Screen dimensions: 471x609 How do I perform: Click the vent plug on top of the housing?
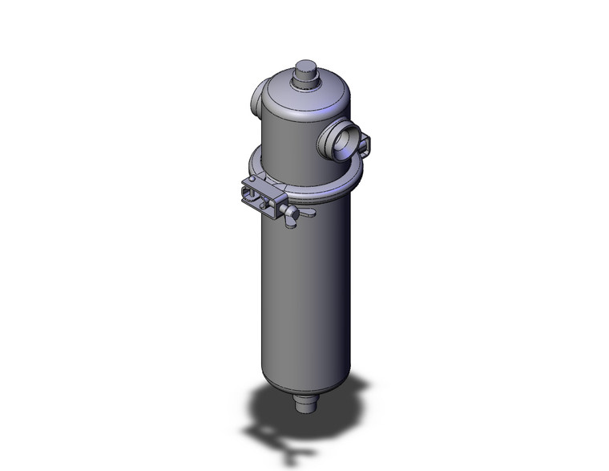click(x=306, y=70)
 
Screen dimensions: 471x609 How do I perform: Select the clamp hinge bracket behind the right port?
click(x=364, y=145)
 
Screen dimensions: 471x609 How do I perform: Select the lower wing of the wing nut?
click(x=286, y=223)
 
